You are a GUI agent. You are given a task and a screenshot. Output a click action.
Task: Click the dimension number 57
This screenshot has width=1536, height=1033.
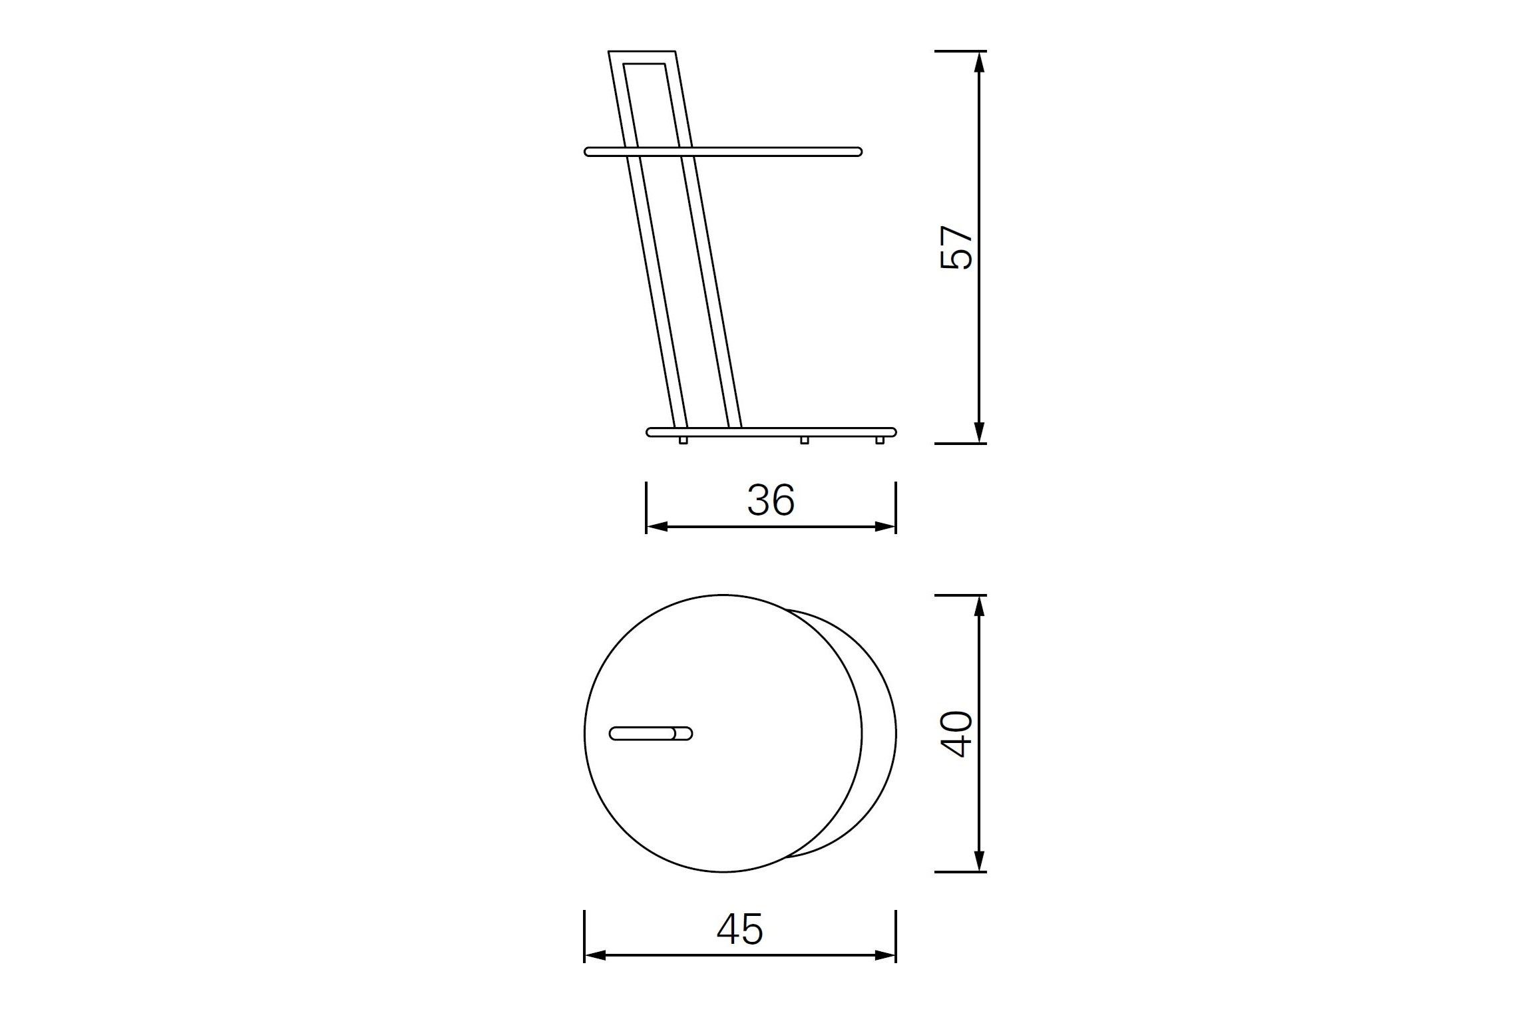pos(956,247)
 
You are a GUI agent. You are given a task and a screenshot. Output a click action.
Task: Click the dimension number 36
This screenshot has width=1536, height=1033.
pos(771,500)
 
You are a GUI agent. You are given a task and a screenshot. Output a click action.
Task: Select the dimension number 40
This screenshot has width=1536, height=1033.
pos(956,734)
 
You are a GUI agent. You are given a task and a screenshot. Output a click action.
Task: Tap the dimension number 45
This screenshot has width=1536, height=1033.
pos(740,929)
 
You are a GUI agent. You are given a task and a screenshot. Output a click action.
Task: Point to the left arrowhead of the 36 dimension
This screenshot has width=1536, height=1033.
pos(656,527)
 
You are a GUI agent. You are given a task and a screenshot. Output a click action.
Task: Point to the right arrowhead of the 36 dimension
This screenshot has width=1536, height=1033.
pos(886,527)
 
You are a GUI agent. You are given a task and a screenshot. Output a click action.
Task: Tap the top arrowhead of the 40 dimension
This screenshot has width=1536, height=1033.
pos(978,605)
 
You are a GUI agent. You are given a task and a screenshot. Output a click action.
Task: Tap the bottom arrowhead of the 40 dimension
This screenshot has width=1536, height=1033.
pos(978,861)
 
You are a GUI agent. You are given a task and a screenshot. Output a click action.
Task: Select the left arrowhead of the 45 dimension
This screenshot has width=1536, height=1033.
pos(594,956)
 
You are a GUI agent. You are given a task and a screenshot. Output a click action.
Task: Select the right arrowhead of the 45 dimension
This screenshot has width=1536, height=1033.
pos(886,956)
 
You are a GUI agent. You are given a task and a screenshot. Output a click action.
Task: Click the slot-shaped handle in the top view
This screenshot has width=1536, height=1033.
pos(651,734)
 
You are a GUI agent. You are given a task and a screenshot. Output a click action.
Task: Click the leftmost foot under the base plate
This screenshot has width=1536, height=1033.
pos(683,440)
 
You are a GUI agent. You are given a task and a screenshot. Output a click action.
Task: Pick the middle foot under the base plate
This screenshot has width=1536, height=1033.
pos(804,440)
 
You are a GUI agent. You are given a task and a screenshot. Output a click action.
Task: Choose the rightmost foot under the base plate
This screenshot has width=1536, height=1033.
pos(880,440)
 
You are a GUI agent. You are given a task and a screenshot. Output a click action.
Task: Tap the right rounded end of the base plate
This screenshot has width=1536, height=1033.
pos(892,432)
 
